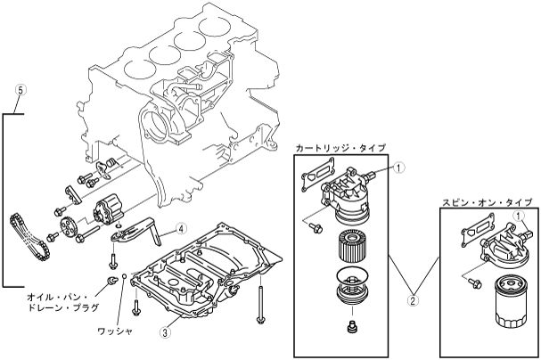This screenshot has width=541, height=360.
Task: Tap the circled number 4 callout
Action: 181,228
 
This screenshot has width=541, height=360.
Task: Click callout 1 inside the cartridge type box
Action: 400,166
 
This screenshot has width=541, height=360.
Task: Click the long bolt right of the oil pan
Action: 258,302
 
